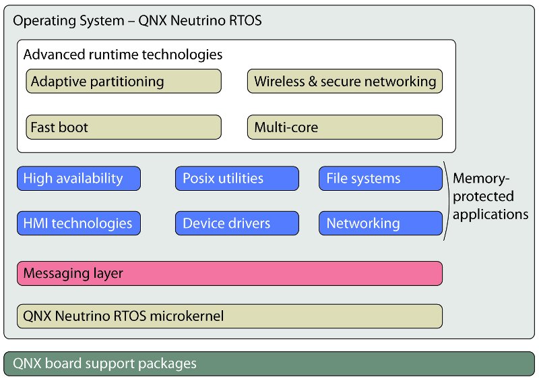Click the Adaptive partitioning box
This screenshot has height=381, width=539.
(x=123, y=82)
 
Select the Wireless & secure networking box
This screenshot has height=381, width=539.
(x=345, y=82)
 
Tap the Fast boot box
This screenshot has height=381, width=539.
(x=123, y=127)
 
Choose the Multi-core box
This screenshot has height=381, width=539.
(x=345, y=127)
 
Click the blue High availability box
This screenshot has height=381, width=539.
(x=79, y=179)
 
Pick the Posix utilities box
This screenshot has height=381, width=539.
(x=236, y=179)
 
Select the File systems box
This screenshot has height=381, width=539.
(x=380, y=179)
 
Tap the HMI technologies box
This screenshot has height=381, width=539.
(x=79, y=223)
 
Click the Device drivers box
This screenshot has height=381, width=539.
(x=236, y=223)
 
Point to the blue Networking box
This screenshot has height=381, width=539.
(x=380, y=223)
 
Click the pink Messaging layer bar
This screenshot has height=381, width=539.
(x=229, y=274)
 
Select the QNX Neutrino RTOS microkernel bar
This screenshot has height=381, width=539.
(x=229, y=316)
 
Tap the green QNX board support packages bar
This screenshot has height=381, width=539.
(x=269, y=363)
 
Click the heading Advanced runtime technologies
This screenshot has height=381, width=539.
(x=123, y=54)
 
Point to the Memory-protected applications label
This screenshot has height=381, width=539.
(x=490, y=197)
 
